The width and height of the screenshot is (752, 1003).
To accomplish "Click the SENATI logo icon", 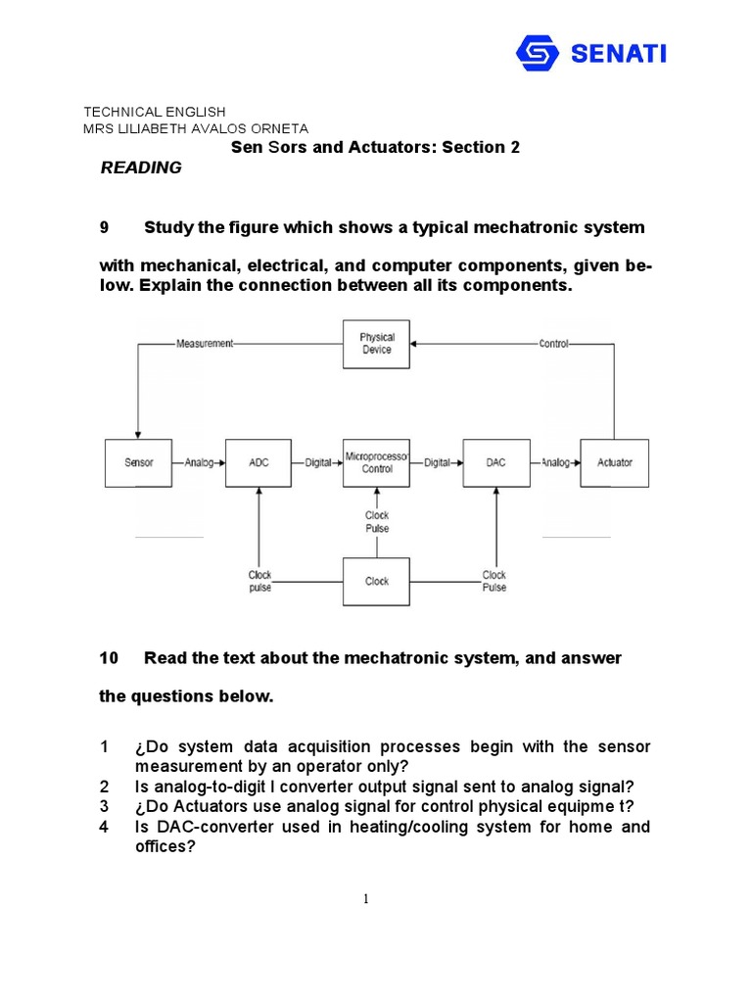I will [538, 53].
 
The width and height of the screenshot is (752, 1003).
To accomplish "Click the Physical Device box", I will [376, 344].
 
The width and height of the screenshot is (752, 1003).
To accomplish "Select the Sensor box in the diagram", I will [138, 462].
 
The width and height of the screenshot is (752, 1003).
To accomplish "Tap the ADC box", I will [258, 462].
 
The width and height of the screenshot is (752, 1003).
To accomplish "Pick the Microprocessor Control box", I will [376, 462].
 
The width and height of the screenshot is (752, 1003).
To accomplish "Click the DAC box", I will [495, 462].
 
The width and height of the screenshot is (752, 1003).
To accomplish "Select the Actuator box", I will [615, 462].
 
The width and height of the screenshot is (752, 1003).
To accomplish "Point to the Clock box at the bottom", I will [376, 581].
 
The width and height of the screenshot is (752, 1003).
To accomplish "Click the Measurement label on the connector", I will [205, 344].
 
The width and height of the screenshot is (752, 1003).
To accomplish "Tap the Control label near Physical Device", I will [553, 344].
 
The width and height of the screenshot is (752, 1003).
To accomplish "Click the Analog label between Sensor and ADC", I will [199, 462].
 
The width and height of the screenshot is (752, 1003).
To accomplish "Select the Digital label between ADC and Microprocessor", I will [318, 462].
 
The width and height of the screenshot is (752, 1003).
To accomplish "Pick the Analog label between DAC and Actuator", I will [555, 462].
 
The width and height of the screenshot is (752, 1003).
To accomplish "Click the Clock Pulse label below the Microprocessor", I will [377, 521].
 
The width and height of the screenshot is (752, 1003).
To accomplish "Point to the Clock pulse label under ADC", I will [259, 581].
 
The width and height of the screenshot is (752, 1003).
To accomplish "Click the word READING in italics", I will [141, 167].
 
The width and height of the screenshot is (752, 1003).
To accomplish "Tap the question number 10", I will [109, 658].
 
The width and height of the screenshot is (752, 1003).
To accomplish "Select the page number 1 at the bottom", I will [365, 900].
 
